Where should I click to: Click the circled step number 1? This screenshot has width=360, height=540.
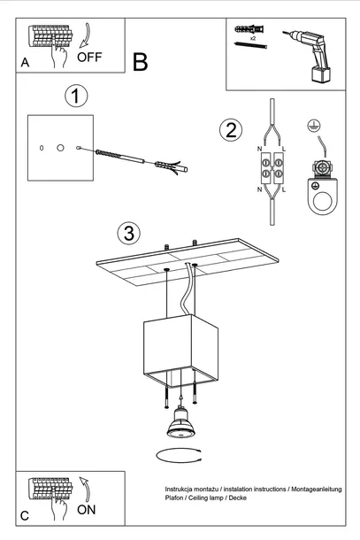77,95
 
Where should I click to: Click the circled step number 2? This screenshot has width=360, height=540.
231,131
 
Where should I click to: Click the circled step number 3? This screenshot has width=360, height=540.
129,234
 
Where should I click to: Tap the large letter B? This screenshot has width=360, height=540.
140,62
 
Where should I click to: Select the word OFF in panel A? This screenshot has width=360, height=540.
91,58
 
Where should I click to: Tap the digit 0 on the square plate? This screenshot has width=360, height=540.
42,146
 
